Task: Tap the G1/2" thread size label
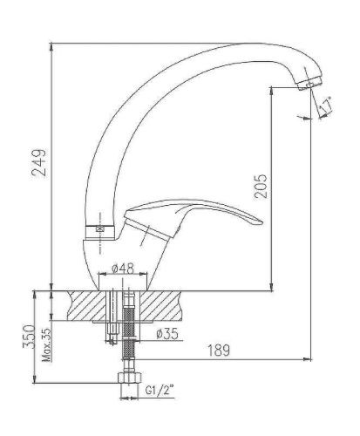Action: pyautogui.click(x=159, y=392)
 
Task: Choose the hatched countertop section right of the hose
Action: pyautogui.click(x=165, y=306)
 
